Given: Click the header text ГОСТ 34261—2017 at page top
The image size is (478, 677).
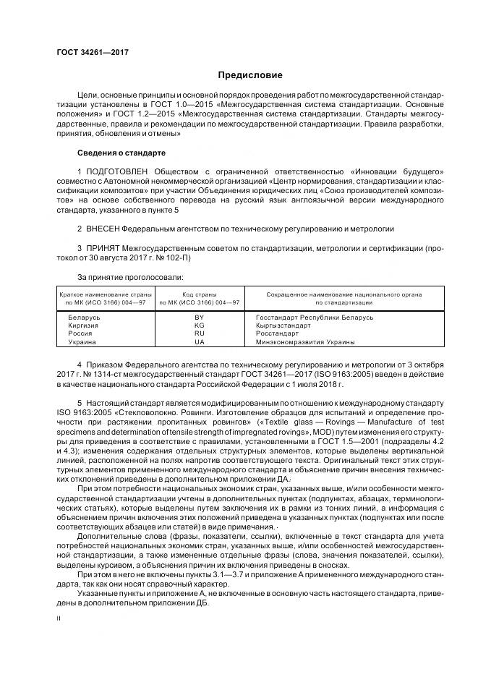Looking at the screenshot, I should [88, 53].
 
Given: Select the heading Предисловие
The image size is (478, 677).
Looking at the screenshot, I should [250, 75].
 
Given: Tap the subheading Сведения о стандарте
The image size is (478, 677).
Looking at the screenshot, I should [121, 153].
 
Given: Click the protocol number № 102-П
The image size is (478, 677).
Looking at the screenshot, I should [174, 258].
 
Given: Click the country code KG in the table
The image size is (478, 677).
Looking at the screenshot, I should [200, 326].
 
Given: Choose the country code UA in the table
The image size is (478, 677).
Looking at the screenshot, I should [200, 342].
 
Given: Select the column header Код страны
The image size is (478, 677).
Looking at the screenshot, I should [200, 294].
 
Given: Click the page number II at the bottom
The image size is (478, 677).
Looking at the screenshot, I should [59, 618].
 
